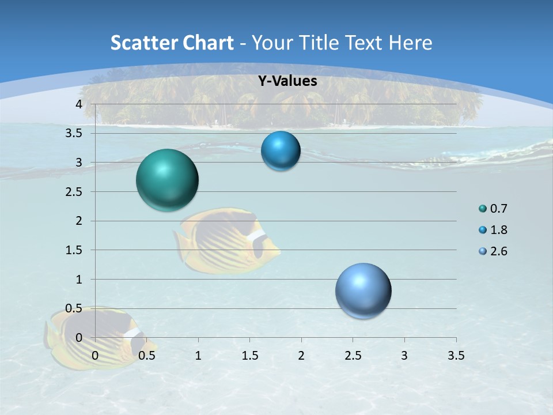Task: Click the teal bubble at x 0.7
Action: (168, 180)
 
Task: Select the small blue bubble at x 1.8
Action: (281, 151)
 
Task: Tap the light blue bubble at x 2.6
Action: (363, 290)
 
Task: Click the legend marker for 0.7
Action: (482, 209)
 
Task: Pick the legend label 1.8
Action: (498, 230)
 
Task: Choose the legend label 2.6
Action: (498, 251)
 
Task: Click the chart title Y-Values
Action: (287, 81)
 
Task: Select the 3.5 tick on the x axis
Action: (456, 356)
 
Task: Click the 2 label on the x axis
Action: (301, 356)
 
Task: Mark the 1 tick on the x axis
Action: (198, 356)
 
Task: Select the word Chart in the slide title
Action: (208, 43)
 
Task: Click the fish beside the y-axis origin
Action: (92, 337)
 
